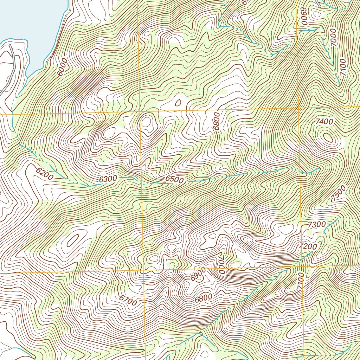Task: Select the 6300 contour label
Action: click(108, 179)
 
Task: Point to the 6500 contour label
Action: click(174, 180)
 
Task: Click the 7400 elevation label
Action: click(324, 122)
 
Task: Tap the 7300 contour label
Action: click(317, 224)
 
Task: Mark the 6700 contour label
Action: click(128, 300)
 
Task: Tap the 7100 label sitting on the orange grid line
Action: click(300, 281)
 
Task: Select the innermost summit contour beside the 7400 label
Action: click(328, 137)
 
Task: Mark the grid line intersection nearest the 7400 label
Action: click(298, 108)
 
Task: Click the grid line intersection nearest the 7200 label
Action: click(302, 266)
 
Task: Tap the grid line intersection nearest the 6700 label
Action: click(144, 271)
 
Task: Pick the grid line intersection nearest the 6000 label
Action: click(140, 112)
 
